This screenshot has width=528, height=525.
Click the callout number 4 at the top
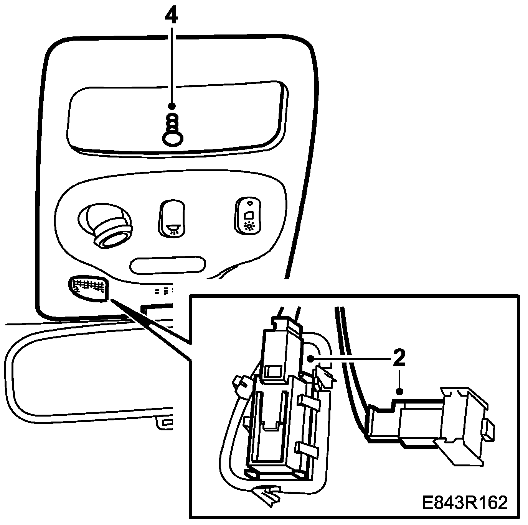172,15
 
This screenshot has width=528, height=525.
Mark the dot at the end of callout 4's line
172,105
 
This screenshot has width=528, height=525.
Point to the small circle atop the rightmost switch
249,203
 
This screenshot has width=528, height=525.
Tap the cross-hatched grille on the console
88,287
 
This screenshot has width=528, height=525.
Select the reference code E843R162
464,502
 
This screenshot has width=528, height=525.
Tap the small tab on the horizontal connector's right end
488,429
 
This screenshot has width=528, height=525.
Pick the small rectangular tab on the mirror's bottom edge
167,422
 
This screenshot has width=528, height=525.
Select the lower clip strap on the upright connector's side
307,451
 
